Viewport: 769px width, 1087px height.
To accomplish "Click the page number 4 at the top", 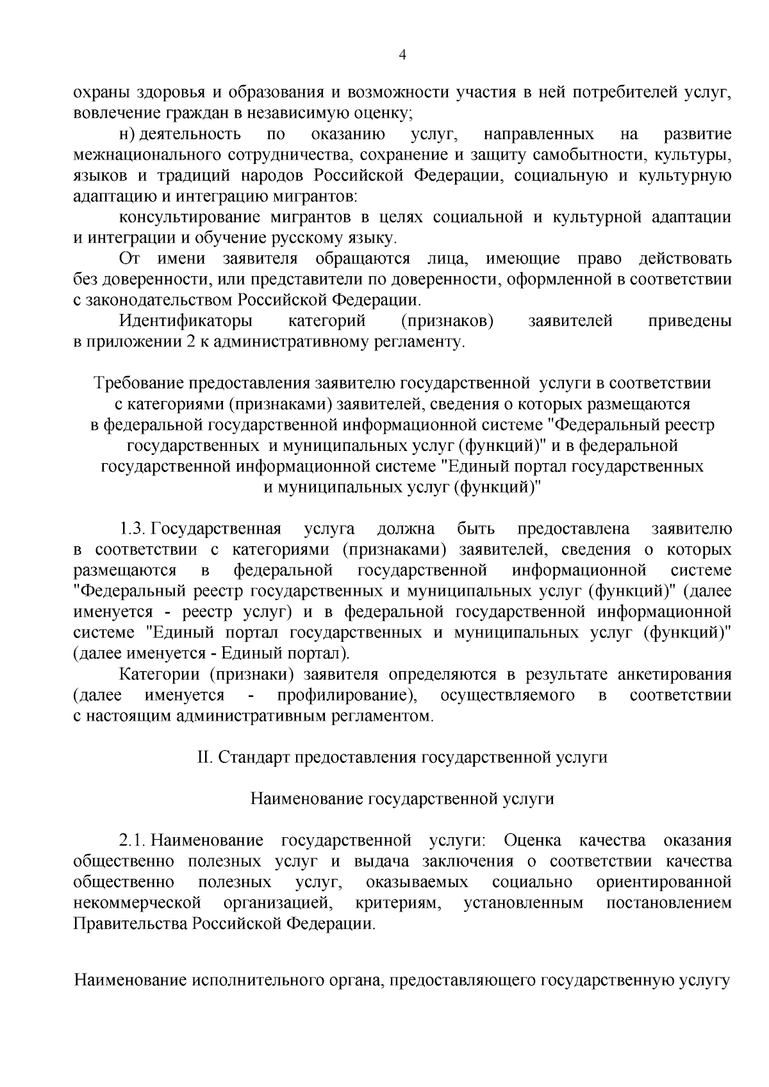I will tap(402, 55).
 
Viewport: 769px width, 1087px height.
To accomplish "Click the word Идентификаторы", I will tap(186, 321).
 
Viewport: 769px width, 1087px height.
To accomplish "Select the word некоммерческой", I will tap(138, 903).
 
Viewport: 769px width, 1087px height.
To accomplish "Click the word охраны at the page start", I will tap(101, 93).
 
